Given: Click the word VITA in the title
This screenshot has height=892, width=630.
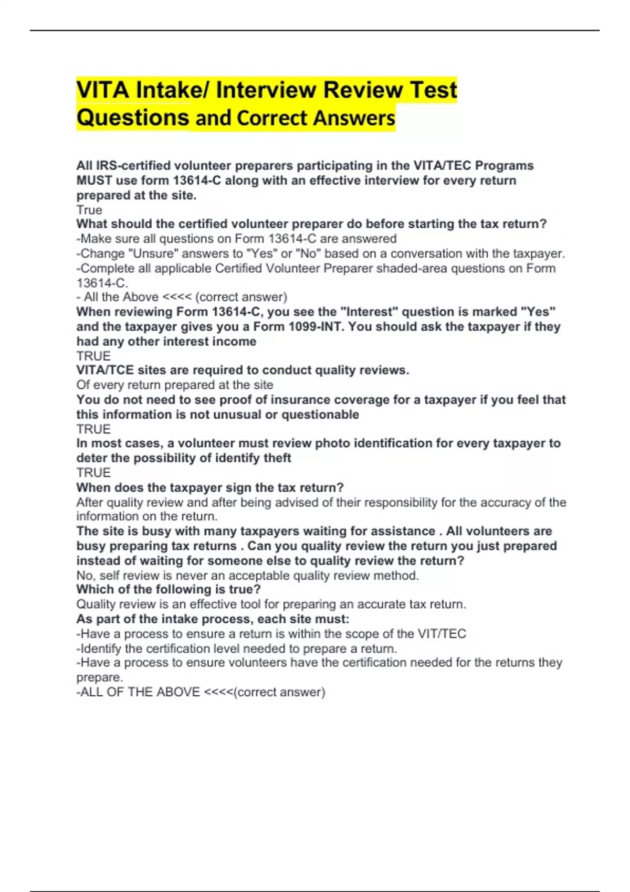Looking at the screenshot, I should point(103,90).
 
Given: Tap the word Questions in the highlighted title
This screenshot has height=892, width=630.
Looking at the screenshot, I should point(133,118).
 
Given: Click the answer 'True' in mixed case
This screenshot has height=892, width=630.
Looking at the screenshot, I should point(89,210).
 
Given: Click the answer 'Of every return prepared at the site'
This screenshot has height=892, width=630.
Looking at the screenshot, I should point(175,385).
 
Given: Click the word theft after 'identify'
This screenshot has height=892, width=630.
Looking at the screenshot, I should point(277,458).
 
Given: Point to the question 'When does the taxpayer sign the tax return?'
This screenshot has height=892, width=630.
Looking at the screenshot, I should point(210,487).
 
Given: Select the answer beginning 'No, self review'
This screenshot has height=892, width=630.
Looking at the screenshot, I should point(247,576).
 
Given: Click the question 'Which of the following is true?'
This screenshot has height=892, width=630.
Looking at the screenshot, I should point(169,589).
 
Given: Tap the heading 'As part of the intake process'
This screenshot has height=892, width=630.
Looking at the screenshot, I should point(213,619).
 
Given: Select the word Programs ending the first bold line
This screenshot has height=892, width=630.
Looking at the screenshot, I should point(504,166).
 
